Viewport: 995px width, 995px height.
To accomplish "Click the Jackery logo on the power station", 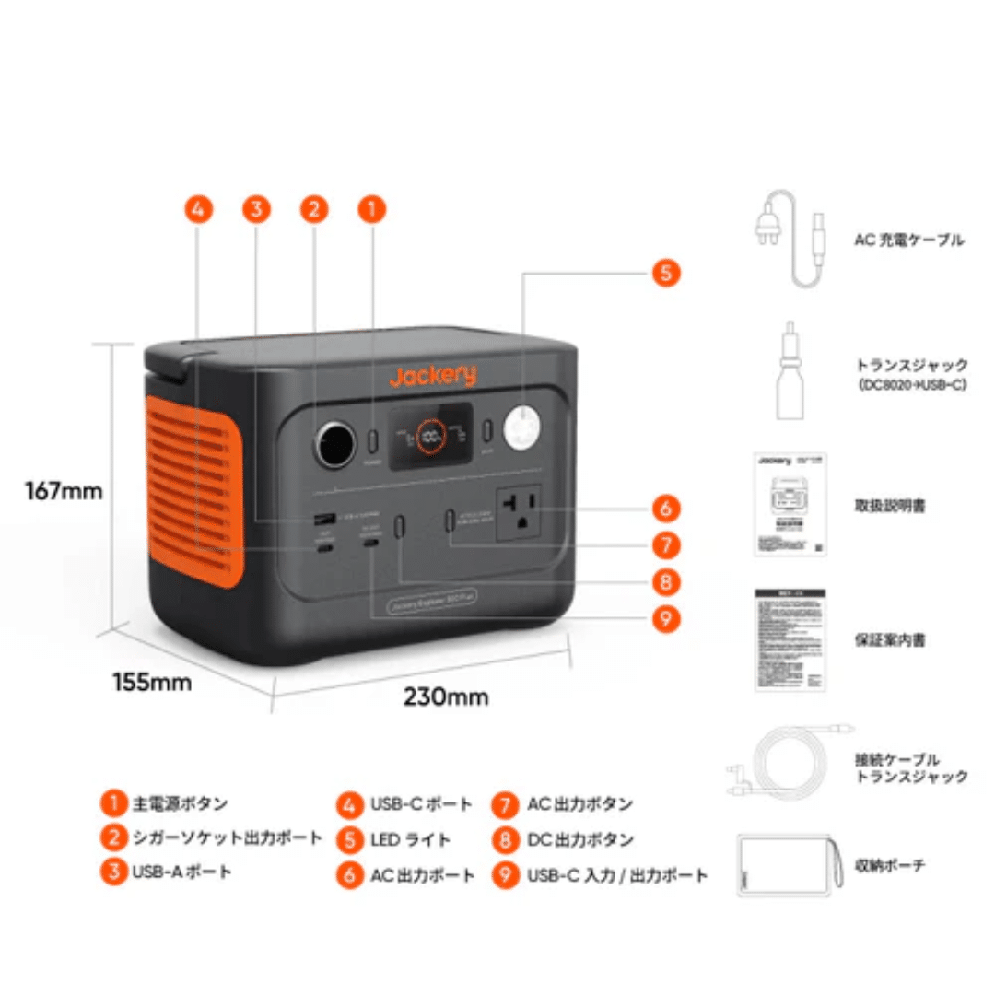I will [x=432, y=376].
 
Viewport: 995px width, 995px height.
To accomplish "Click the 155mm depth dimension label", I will [x=152, y=683].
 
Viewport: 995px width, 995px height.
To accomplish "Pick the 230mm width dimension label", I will [x=446, y=696].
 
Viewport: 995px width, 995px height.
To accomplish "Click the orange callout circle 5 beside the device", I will [x=665, y=273].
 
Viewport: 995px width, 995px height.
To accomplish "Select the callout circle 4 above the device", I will [x=197, y=209].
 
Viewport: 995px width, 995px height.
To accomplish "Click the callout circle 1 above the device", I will [x=371, y=209].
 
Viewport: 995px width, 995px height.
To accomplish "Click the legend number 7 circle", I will [x=505, y=804].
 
